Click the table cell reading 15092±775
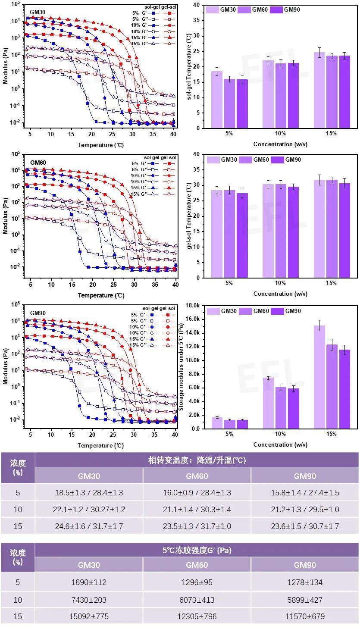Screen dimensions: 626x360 [x=89, y=616]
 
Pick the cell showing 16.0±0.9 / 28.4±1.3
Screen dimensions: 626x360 [x=197, y=492]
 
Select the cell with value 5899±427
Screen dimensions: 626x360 [x=305, y=599]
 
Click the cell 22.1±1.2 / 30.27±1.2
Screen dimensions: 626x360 [x=89, y=509]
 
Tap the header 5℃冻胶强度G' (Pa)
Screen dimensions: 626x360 [x=197, y=550]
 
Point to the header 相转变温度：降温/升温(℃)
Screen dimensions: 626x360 [x=197, y=460]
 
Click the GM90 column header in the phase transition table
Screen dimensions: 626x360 [x=305, y=476]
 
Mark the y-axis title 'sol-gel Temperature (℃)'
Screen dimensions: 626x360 [x=189, y=67]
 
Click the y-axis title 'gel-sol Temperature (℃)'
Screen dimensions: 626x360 [x=189, y=216]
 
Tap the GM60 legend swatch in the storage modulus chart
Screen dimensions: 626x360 [x=246, y=311]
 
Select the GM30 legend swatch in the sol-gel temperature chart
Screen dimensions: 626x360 [x=213, y=9]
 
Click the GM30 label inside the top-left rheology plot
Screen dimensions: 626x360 [x=38, y=12]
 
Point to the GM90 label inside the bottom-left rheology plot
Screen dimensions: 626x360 [x=38, y=313]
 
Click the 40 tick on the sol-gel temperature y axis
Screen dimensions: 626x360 [x=196, y=5]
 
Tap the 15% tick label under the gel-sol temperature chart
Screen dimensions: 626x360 [x=331, y=283]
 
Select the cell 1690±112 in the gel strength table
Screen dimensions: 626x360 [x=89, y=582]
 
